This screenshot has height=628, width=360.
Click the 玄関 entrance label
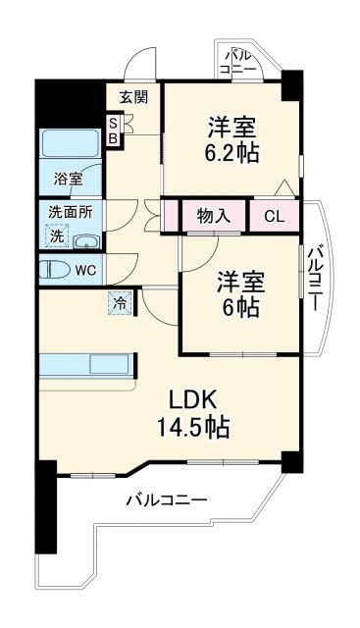(x=133, y=96)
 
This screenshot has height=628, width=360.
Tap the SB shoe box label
(x=113, y=131)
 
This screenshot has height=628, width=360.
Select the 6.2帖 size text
(x=231, y=152)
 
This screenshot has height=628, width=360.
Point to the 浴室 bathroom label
(x=68, y=180)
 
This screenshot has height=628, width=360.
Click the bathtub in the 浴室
(x=69, y=146)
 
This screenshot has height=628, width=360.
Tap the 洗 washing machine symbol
(x=58, y=235)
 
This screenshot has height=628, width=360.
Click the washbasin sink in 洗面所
(x=86, y=242)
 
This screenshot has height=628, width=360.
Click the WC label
(x=86, y=271)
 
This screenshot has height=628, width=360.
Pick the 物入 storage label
(x=213, y=215)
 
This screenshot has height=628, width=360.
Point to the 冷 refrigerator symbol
(x=120, y=304)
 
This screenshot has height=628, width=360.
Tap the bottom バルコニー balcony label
(x=166, y=500)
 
